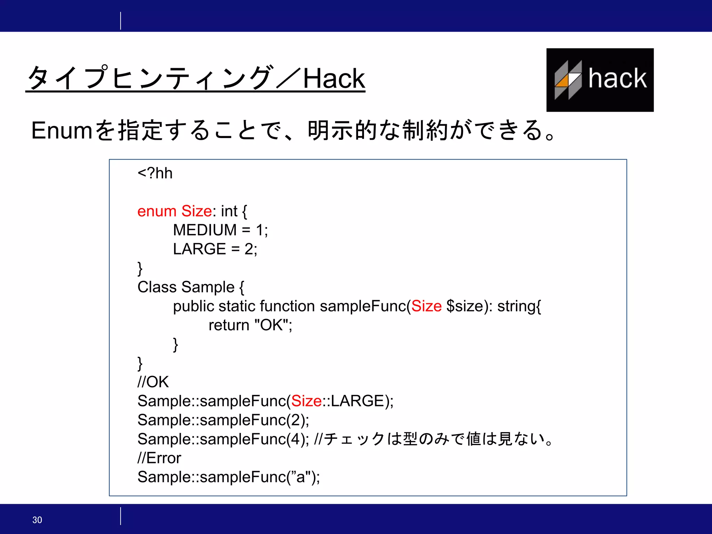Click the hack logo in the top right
[x=600, y=80]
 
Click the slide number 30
[x=37, y=520]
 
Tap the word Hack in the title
[x=334, y=79]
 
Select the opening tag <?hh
[x=155, y=173]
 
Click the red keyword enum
[x=157, y=211]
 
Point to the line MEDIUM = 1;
[x=220, y=230]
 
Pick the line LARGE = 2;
[x=215, y=249]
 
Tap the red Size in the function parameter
[x=426, y=306]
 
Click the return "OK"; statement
[x=250, y=325]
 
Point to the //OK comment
[x=153, y=382]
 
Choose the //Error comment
[x=159, y=458]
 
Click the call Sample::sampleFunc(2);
[x=223, y=420]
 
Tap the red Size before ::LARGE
[x=306, y=401]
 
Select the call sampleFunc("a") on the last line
[x=228, y=477]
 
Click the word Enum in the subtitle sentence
[x=62, y=131]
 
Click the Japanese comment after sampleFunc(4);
[x=433, y=439]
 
